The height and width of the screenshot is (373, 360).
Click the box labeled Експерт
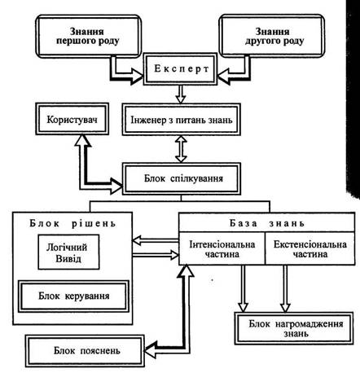click(181, 69)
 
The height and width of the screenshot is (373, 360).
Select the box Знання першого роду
click(89, 36)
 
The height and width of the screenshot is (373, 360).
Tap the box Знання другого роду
click(272, 36)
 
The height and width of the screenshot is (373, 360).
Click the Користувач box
click(72, 119)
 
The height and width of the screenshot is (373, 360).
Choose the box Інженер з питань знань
click(182, 120)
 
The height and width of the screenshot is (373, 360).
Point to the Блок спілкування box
click(182, 178)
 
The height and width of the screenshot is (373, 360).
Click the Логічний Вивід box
click(68, 252)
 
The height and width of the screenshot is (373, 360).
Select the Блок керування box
click(73, 296)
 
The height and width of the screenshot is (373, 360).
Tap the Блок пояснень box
click(85, 351)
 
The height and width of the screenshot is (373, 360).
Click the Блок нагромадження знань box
click(294, 328)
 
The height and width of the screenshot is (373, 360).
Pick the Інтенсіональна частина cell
click(222, 248)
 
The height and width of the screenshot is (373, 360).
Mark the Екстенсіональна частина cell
click(310, 248)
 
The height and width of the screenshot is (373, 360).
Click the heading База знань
click(267, 223)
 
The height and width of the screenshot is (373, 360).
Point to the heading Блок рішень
click(72, 223)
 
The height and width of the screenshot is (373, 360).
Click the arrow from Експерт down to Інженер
click(181, 94)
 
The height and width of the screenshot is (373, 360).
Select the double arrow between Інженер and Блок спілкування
click(181, 149)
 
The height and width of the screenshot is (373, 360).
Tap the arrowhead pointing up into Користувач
click(82, 141)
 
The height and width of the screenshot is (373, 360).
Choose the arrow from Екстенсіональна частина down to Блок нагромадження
click(285, 288)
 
